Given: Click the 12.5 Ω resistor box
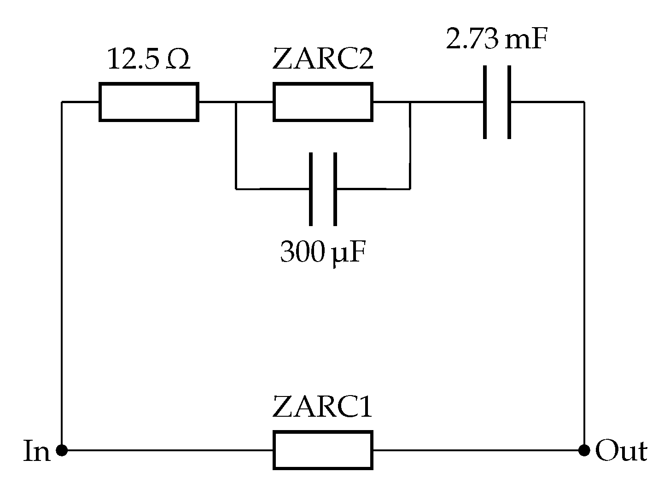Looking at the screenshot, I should (x=149, y=102).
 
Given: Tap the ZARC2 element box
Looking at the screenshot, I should (x=322, y=102).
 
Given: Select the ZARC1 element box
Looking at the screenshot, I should (x=322, y=450).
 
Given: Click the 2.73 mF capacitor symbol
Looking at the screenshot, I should (x=497, y=102).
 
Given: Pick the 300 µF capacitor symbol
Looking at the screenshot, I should (x=323, y=189).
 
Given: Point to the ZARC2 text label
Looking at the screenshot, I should (x=322, y=59).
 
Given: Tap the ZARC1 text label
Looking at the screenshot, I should (x=322, y=407).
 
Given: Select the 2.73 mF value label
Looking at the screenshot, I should (x=497, y=41).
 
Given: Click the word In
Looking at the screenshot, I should (x=36, y=451).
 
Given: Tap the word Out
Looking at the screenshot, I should (x=621, y=451).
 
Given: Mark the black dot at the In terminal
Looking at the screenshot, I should (x=61, y=450).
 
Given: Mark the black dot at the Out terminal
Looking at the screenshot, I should (x=584, y=450).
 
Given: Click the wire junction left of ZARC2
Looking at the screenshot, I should (x=236, y=102).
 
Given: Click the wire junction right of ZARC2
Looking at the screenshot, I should (x=410, y=102).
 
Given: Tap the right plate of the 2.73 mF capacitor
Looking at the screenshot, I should (x=509, y=102).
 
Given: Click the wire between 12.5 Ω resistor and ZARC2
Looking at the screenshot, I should (x=217, y=102).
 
